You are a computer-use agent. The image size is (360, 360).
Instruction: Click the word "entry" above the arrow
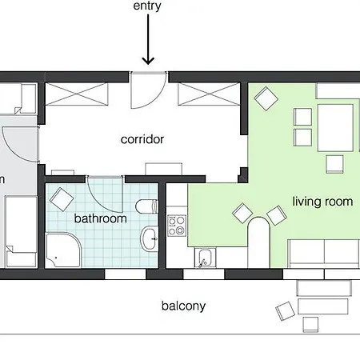147,6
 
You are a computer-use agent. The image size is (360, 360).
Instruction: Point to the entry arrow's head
148,61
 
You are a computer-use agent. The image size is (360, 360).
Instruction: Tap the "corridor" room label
142,139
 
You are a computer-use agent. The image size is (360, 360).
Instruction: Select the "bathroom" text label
101,218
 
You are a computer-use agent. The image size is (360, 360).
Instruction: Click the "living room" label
322,202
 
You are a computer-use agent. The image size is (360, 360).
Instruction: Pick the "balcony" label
183,306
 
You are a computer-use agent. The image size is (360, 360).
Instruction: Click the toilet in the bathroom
146,206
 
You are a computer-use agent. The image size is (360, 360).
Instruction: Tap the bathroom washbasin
150,239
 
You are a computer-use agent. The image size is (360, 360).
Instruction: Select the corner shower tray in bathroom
63,250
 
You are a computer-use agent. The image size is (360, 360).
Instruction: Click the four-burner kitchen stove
176,226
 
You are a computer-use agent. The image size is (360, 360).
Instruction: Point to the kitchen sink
205,258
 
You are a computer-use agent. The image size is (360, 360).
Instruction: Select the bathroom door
105,194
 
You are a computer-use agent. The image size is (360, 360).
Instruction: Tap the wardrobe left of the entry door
77,94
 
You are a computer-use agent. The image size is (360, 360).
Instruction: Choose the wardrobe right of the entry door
209,94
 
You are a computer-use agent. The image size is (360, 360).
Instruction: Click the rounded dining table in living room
259,242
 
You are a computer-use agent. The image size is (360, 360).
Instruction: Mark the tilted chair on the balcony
285,311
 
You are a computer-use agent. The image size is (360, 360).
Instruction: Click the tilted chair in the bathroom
62,199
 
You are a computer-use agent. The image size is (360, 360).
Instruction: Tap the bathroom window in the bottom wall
125,274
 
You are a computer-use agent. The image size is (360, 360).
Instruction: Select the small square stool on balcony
310,324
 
